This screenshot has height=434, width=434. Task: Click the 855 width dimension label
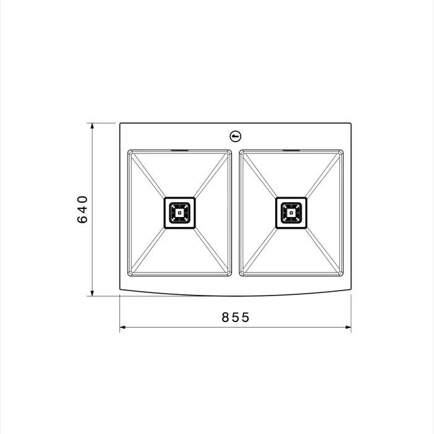[236, 317]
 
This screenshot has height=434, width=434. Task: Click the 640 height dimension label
[82, 209]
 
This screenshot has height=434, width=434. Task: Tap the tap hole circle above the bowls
[236, 136]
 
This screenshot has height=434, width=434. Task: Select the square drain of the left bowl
[180, 213]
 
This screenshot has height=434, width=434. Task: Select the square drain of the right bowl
[291, 213]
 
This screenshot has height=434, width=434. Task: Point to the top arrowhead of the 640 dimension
[92, 126]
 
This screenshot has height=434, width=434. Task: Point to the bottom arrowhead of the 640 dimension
[92, 292]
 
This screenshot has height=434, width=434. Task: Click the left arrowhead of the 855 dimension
[123, 327]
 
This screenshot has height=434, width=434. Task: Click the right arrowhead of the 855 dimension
[347, 327]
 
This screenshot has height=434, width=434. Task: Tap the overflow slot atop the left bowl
[180, 150]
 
